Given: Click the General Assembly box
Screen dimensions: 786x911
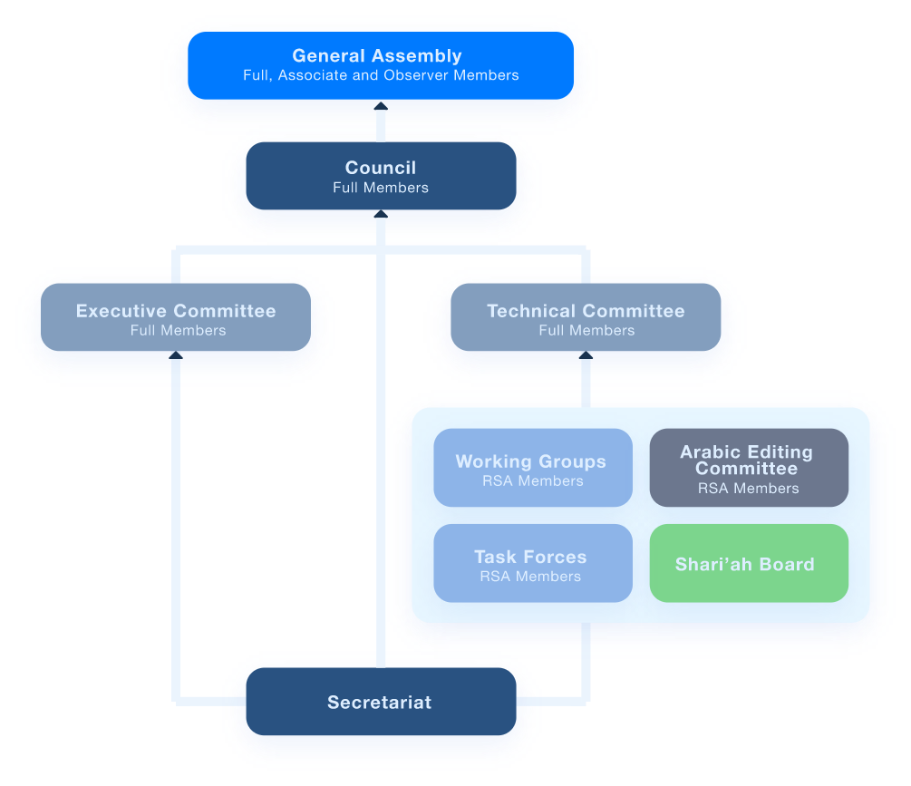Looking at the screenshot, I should [x=381, y=65].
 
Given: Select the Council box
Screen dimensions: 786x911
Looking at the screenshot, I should [x=381, y=177].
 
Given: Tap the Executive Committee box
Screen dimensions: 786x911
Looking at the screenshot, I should [x=176, y=318].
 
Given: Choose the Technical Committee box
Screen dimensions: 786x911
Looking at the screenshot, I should [x=586, y=318].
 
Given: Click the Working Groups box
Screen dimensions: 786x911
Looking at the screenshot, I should [x=532, y=468].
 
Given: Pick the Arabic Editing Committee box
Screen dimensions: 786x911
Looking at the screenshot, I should [x=749, y=468].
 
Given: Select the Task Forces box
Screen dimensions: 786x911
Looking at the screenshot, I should [x=532, y=563].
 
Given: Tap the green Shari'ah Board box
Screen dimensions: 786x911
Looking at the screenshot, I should [x=749, y=563].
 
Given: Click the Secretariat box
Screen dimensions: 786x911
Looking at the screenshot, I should [x=381, y=702].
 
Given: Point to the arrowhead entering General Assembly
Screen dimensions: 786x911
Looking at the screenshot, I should [x=381, y=107].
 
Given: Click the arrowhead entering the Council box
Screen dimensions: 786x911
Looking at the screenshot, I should [x=381, y=215].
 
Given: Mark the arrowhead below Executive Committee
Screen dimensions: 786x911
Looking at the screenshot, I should [x=176, y=355].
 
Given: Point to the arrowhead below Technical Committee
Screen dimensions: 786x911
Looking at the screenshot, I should [x=586, y=355].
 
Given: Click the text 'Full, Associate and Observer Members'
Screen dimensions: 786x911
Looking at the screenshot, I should [x=381, y=75].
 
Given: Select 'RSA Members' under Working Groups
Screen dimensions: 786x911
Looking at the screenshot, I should [x=532, y=480].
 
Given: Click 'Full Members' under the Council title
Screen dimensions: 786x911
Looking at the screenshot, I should [x=381, y=188].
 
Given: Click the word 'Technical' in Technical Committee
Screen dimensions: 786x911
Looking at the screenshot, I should [x=529, y=311].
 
